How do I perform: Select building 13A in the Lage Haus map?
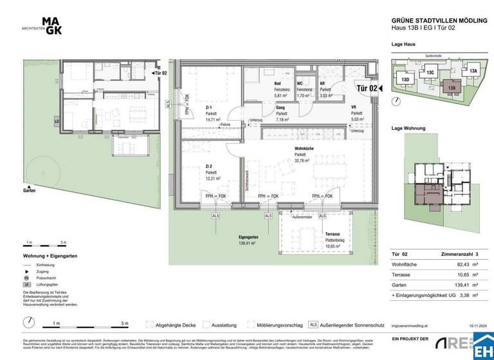click(473, 71)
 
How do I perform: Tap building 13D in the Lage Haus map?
click(406, 80)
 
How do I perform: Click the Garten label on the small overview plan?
click(29, 191)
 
